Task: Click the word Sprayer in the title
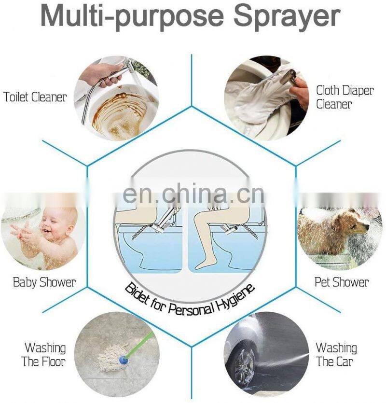pyautogui.click(x=287, y=17)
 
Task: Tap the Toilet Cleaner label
pyautogui.click(x=35, y=97)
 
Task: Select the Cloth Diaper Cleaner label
pyautogui.click(x=345, y=97)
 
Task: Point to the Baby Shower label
pyautogui.click(x=44, y=282)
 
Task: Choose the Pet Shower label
pyautogui.click(x=342, y=282)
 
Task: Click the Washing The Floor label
pyautogui.click(x=44, y=355)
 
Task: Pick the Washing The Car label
pyautogui.click(x=336, y=355)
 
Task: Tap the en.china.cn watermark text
pyautogui.click(x=193, y=194)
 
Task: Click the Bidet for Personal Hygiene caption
pyautogui.click(x=190, y=299)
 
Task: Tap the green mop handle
pyautogui.click(x=140, y=345)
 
